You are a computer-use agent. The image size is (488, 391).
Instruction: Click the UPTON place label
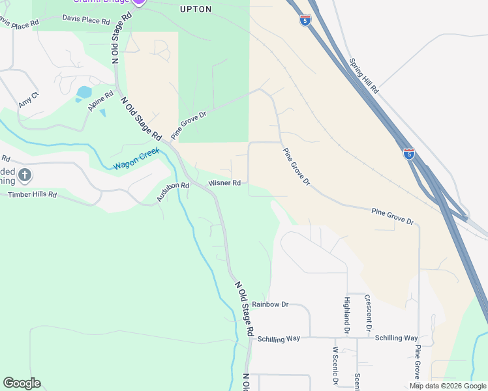pyautogui.click(x=196, y=9)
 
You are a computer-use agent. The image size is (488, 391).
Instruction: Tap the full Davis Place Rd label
pyautogui.click(x=85, y=20)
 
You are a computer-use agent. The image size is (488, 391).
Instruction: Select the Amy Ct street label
pyautogui.click(x=29, y=100)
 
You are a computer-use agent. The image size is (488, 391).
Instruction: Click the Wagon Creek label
pyautogui.click(x=136, y=159)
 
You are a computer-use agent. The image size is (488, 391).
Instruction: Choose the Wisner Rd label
pyautogui.click(x=224, y=183)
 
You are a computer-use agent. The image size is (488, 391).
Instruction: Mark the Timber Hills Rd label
pyautogui.click(x=32, y=195)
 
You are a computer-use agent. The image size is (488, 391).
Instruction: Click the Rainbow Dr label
pyautogui.click(x=270, y=304)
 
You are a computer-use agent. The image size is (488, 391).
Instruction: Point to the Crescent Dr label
pyautogui.click(x=369, y=311)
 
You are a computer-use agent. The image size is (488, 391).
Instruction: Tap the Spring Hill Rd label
pyautogui.click(x=363, y=76)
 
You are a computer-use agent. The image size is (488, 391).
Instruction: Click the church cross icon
pyautogui.click(x=25, y=175)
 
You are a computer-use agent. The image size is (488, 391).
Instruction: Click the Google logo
pyautogui.click(x=22, y=383)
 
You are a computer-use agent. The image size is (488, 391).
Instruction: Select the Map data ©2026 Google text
pyautogui.click(x=448, y=386)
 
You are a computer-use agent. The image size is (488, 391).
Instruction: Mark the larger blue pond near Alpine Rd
pyautogui.click(x=84, y=93)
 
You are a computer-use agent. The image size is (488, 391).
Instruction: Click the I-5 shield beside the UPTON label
pyautogui.click(x=305, y=20)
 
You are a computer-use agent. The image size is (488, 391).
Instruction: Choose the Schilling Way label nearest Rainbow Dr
pyautogui.click(x=279, y=339)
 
